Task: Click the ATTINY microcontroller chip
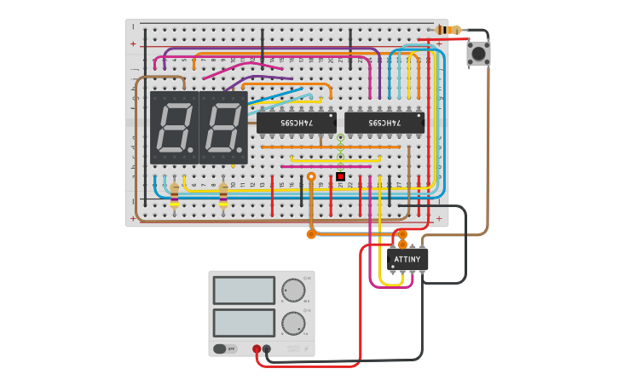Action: pyautogui.click(x=407, y=260)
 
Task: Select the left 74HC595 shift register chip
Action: pyautogui.click(x=296, y=123)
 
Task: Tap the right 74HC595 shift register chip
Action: pyautogui.click(x=384, y=123)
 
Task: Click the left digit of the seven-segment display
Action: pyautogui.click(x=174, y=128)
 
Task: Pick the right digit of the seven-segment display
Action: pyautogui.click(x=223, y=128)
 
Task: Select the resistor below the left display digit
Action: pyautogui.click(x=175, y=194)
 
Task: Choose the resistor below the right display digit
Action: pyautogui.click(x=223, y=194)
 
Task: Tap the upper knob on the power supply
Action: pyautogui.click(x=293, y=291)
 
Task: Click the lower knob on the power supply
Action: pyautogui.click(x=293, y=324)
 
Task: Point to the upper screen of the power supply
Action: pyautogui.click(x=244, y=290)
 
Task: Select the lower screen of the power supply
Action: pyautogui.click(x=244, y=323)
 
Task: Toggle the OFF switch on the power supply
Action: pyautogui.click(x=224, y=349)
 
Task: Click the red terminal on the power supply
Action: pyautogui.click(x=257, y=349)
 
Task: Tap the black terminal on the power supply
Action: pyautogui.click(x=267, y=349)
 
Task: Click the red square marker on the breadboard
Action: pyautogui.click(x=340, y=176)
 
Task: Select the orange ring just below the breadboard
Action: pyautogui.click(x=311, y=233)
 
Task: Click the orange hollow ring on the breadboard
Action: pyautogui.click(x=311, y=176)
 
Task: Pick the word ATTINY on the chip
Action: pyautogui.click(x=407, y=259)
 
